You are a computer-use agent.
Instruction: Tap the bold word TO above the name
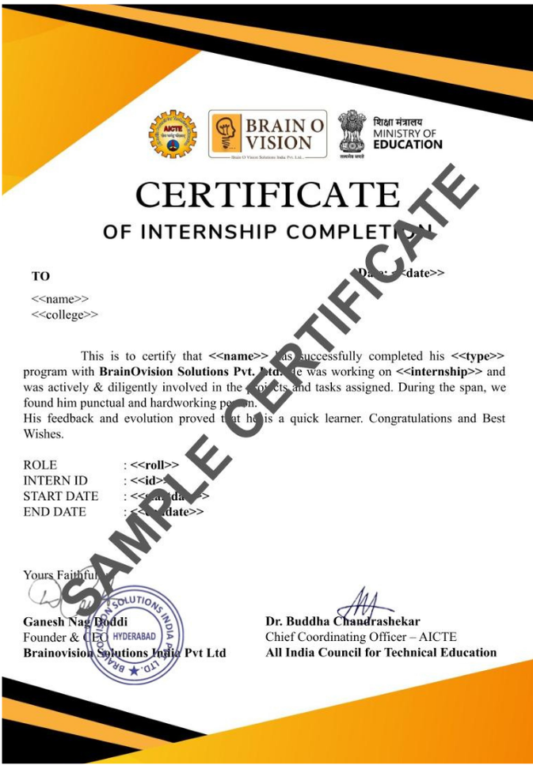pos(40,276)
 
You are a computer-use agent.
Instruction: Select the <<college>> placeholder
pos(65,315)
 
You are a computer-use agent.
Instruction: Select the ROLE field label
pos(40,465)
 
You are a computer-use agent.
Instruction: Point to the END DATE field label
pos(55,512)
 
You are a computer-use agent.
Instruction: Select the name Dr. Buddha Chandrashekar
pos(343,622)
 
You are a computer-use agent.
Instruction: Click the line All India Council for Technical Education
pos(381,653)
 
